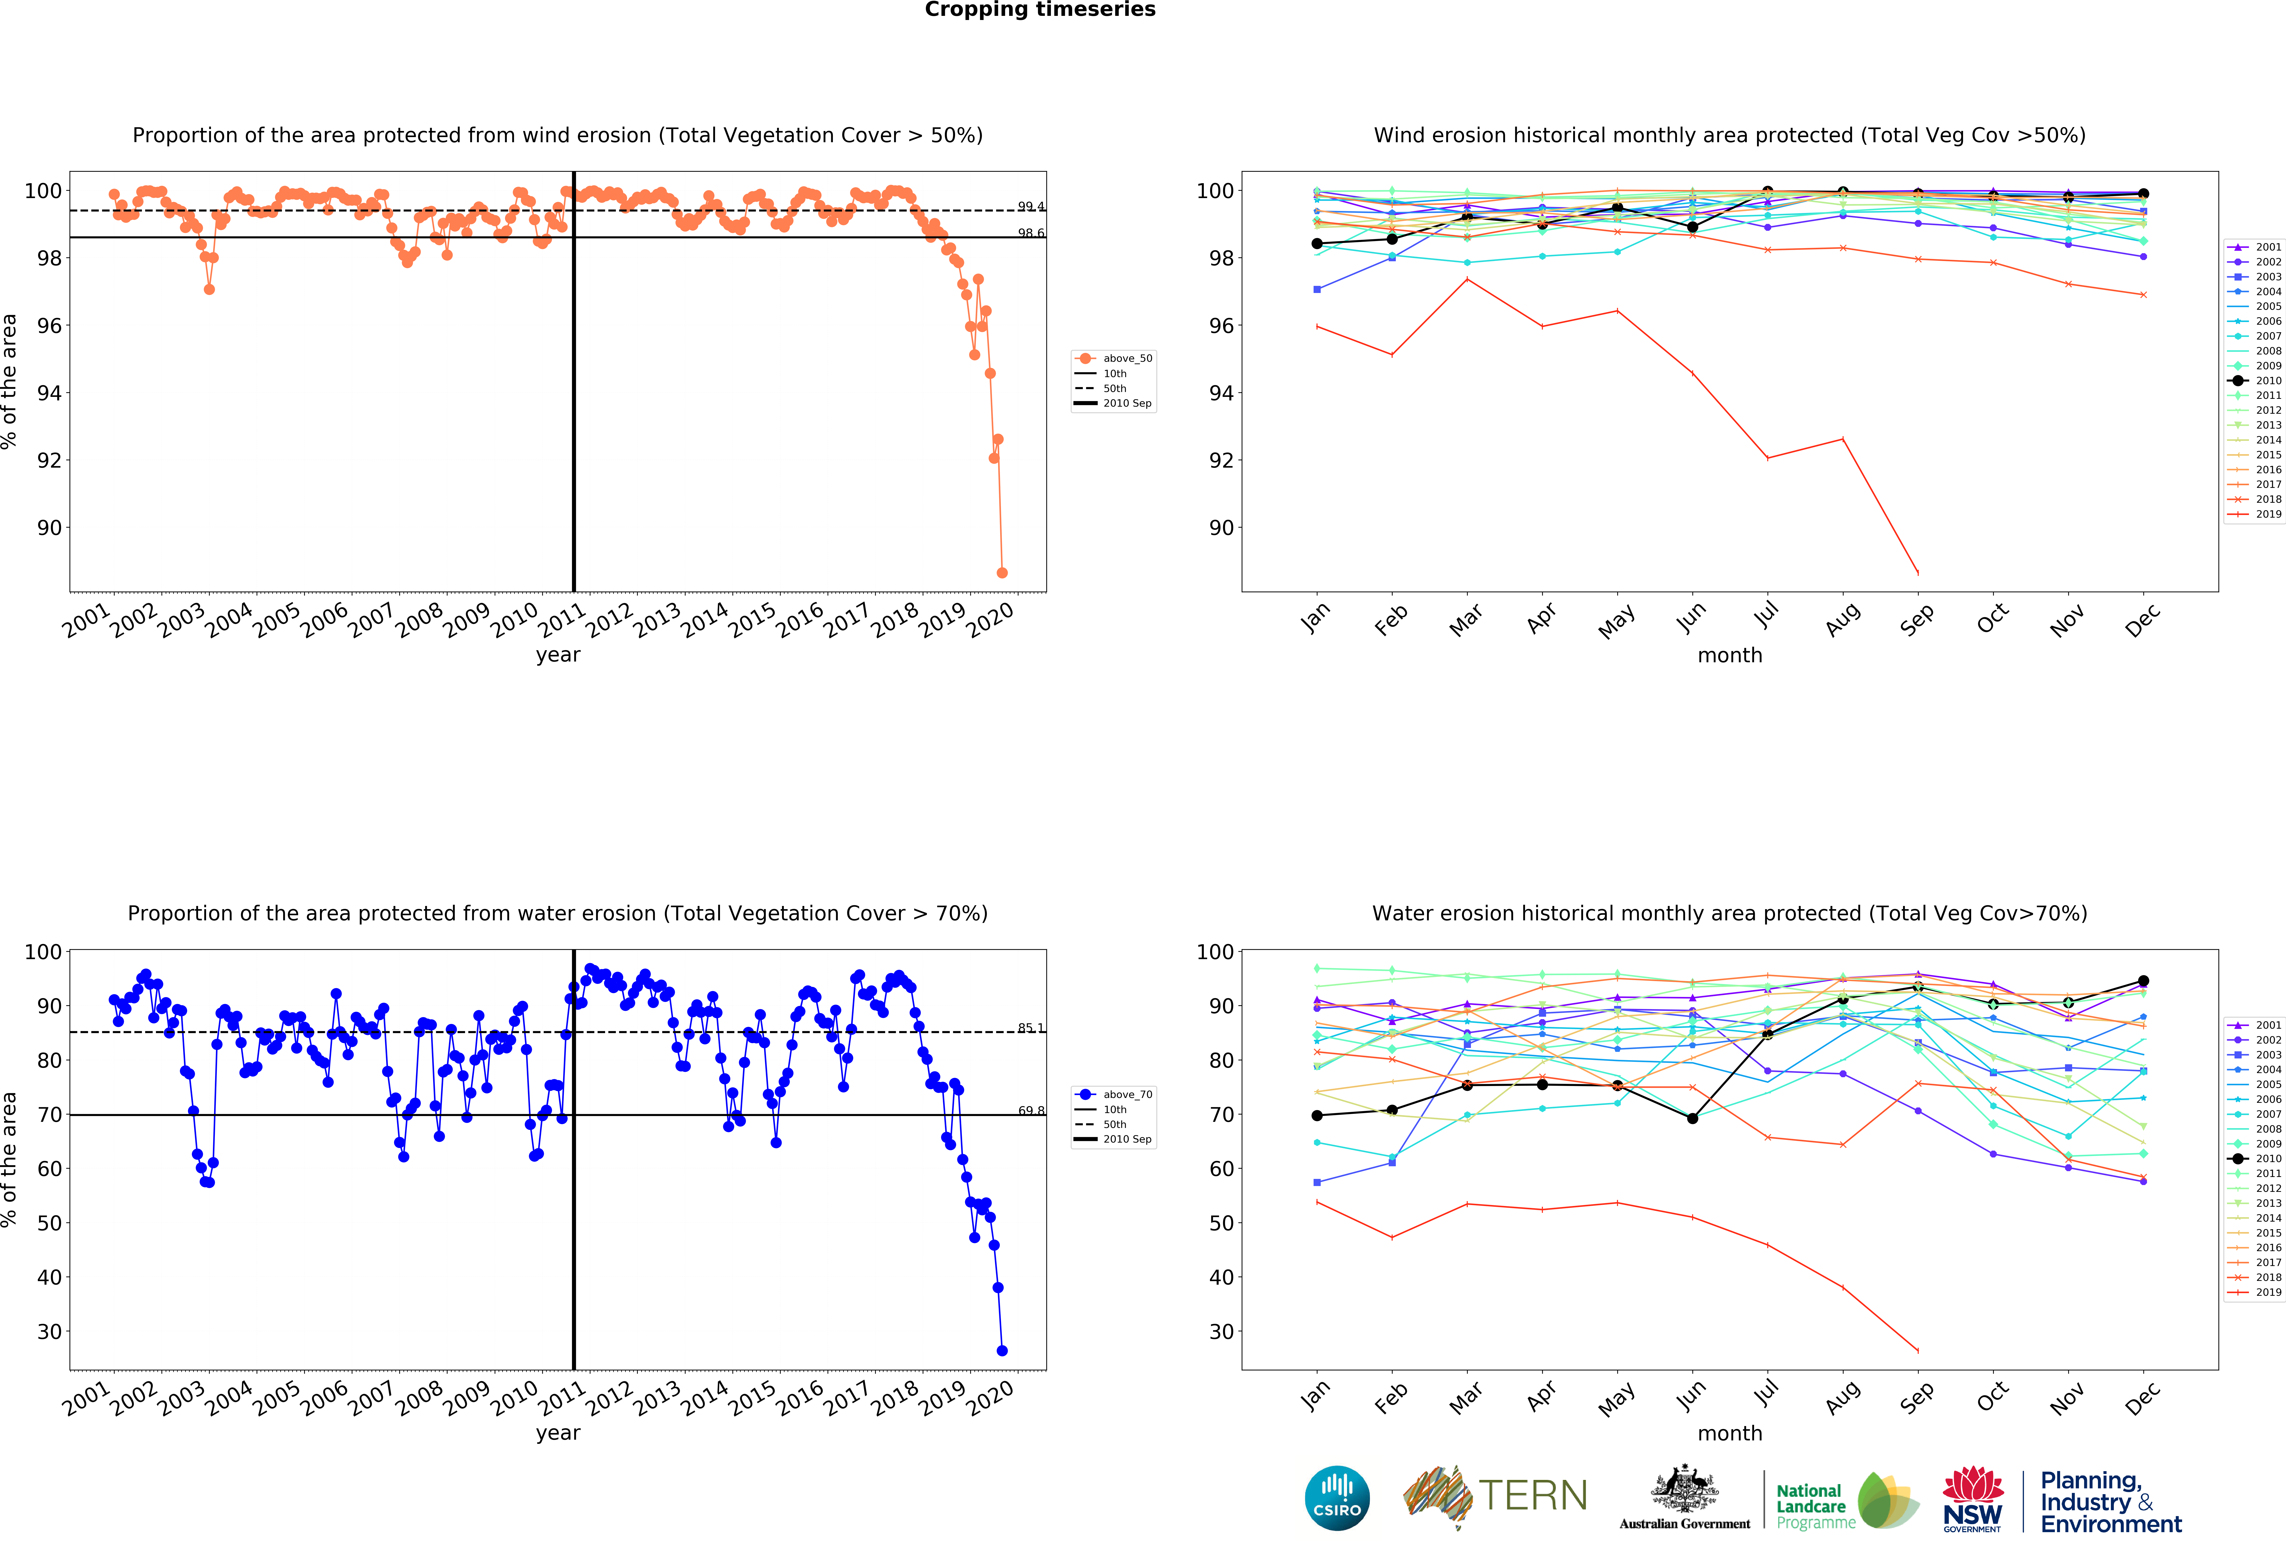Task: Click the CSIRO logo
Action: (x=1337, y=1498)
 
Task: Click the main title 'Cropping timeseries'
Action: (x=1040, y=10)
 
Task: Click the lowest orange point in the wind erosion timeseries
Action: (x=1001, y=573)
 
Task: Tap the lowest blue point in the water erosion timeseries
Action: (x=1001, y=1350)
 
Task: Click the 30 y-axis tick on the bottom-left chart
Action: (x=49, y=1332)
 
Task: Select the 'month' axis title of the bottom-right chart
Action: (x=1729, y=1433)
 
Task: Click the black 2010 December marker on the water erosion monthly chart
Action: (x=2143, y=981)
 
